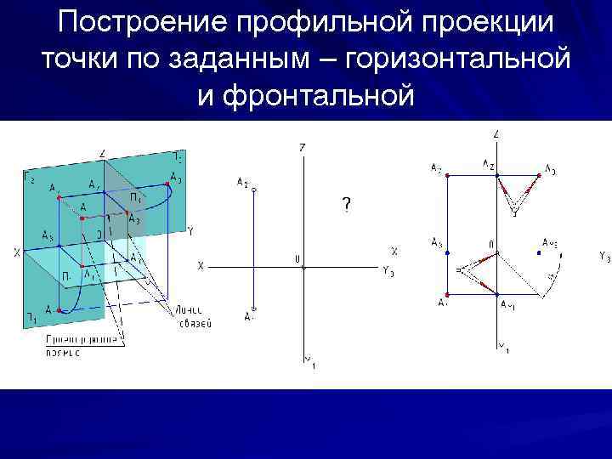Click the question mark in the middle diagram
click(x=346, y=205)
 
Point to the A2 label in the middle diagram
click(x=242, y=182)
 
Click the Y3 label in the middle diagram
click(x=388, y=271)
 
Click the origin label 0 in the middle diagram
click(x=297, y=258)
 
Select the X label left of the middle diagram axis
click(x=201, y=266)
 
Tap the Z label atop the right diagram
click(x=496, y=133)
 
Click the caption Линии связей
click(x=195, y=316)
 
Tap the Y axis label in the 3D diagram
click(x=190, y=230)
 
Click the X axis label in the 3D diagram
click(x=16, y=252)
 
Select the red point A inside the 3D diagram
click(x=82, y=218)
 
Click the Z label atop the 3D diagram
click(x=102, y=154)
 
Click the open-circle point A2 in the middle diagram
click(x=253, y=190)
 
